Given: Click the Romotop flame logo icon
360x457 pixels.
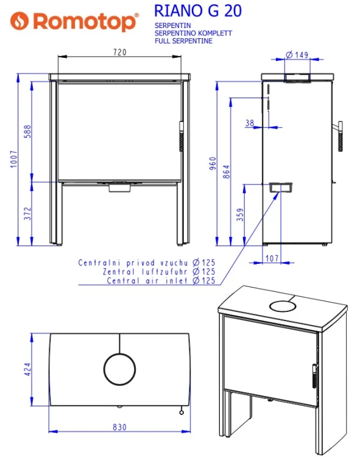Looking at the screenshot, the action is [19, 21].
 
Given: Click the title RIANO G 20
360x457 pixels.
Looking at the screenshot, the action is [198, 11].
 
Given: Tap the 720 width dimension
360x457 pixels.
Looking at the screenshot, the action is [120, 52].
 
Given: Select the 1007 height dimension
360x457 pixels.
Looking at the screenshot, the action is [13, 159].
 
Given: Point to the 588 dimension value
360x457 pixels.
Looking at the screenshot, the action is [27, 132].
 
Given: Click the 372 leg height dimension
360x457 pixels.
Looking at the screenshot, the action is [27, 214].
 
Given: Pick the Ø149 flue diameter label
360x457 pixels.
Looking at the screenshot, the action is [297, 55].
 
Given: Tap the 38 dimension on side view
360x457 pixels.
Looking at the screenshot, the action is [250, 123].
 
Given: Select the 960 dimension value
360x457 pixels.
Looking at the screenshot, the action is [213, 163].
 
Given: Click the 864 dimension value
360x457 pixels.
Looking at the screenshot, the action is [226, 172].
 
